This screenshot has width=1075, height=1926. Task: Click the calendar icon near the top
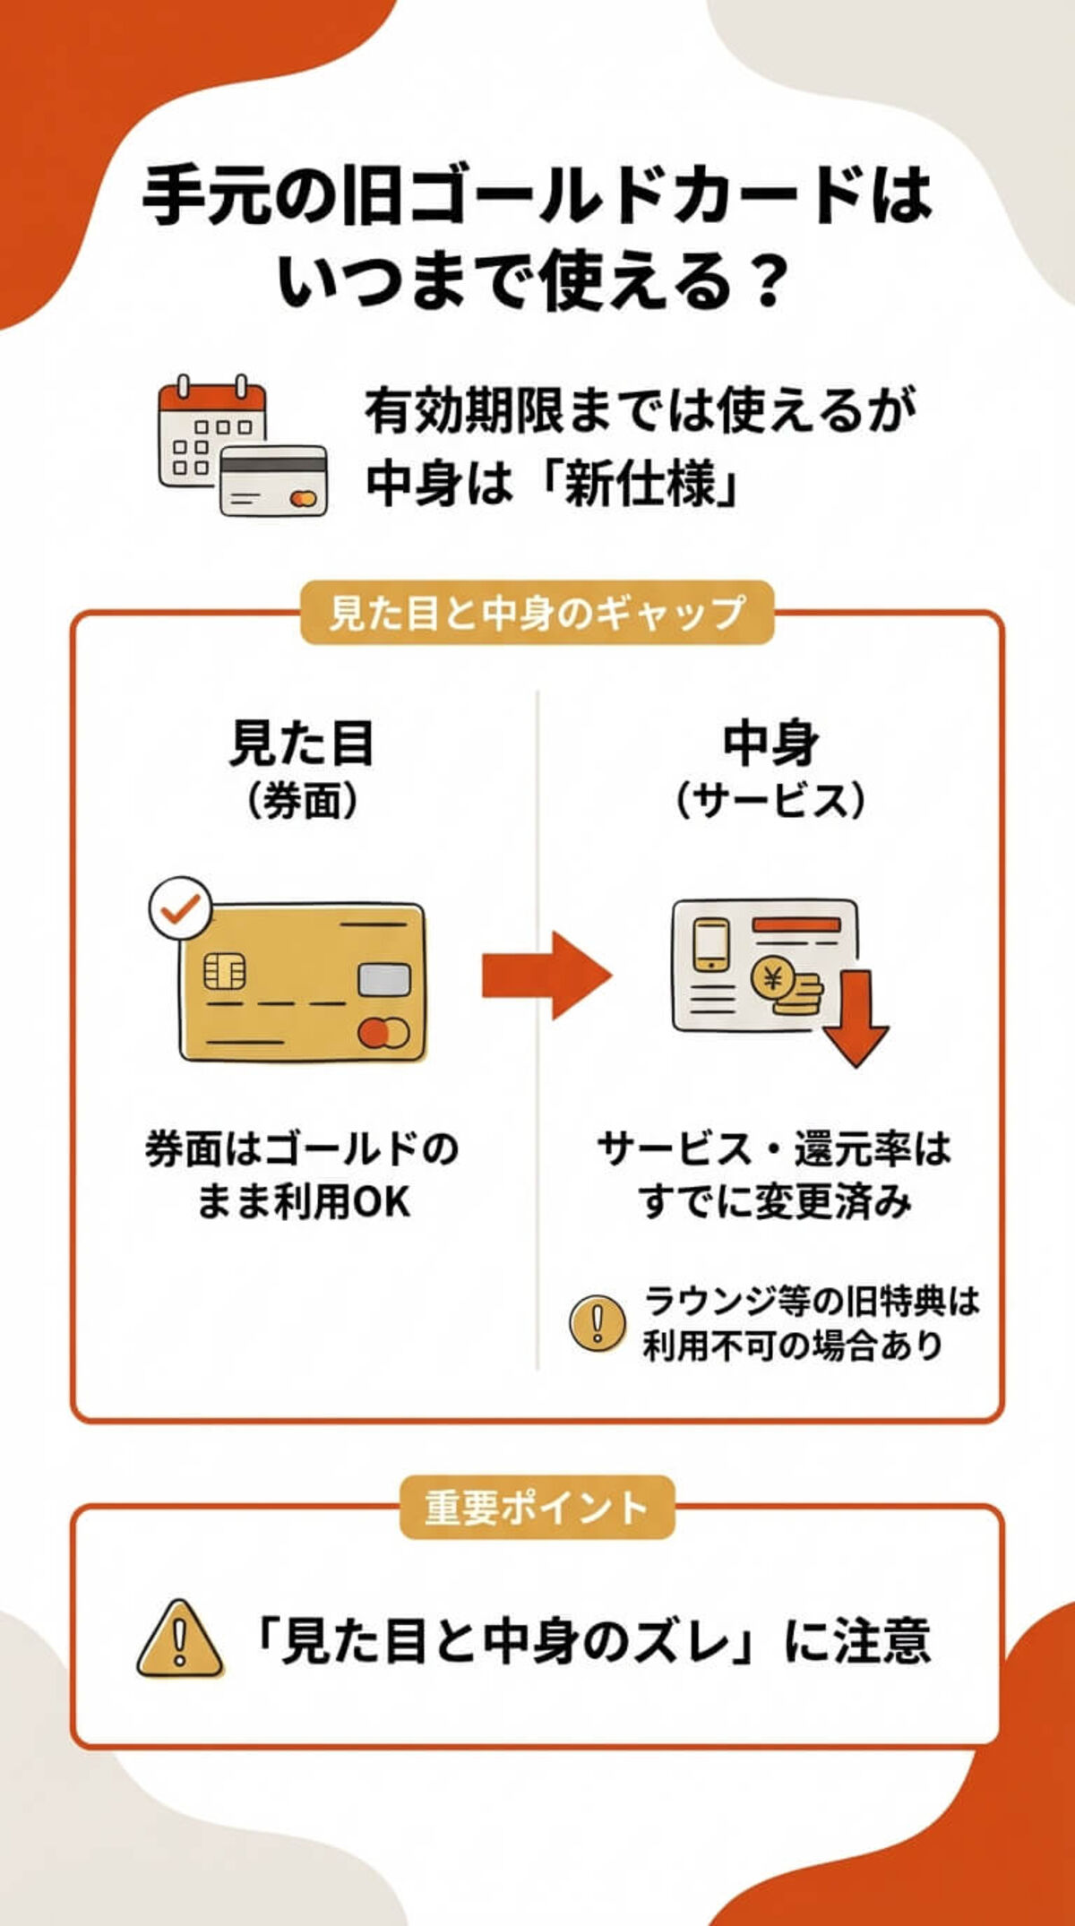pos(213,432)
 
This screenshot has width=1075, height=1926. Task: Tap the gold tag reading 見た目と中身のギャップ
pos(537,614)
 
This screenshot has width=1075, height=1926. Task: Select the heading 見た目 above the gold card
pos(302,744)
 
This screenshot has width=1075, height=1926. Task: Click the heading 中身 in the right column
pos(770,744)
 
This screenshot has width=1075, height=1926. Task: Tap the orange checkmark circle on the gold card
pos(180,908)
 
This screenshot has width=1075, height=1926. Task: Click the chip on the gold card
pos(225,971)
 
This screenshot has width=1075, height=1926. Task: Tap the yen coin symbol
pos(771,979)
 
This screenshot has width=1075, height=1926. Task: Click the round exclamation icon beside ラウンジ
pos(598,1323)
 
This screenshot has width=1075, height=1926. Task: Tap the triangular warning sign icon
pos(179,1641)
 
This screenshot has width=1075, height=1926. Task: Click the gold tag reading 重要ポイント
pos(537,1508)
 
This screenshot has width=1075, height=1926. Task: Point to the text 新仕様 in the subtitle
pos(641,485)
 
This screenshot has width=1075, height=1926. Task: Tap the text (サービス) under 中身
pos(770,800)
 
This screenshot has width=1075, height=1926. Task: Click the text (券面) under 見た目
pos(302,800)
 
